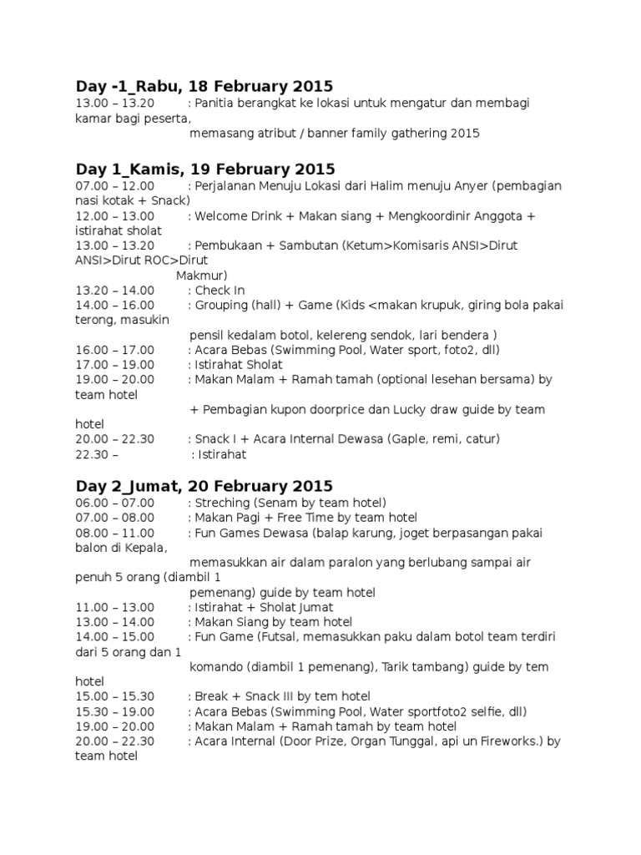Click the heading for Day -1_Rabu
[204, 86]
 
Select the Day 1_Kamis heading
[204, 169]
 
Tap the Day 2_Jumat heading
[204, 485]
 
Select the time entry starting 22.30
[97, 455]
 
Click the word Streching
[221, 502]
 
